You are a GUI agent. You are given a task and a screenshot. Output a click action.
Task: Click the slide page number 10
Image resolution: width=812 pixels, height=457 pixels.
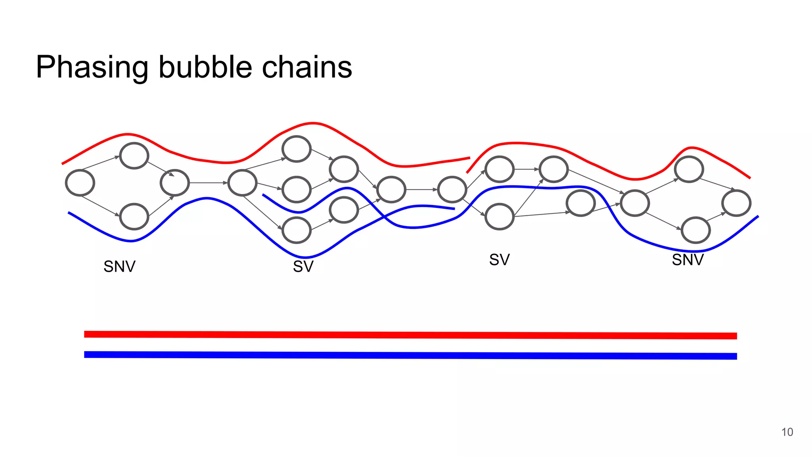point(787,432)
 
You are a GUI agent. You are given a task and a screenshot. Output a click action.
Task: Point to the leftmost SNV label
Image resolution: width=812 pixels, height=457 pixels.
point(119,267)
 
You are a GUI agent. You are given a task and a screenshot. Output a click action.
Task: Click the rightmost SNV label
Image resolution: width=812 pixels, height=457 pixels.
point(688,260)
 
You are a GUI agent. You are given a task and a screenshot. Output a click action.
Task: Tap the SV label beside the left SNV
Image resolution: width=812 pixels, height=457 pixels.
point(303,267)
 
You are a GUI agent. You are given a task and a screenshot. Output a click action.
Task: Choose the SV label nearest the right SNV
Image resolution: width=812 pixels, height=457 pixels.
point(499,260)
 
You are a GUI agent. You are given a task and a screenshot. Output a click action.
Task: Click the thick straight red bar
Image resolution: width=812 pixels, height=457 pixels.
point(410,335)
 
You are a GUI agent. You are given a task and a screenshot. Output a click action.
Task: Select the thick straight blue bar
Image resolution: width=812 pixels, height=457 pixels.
point(410,355)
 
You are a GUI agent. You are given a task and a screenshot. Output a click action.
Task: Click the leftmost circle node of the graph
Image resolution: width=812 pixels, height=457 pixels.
point(80,183)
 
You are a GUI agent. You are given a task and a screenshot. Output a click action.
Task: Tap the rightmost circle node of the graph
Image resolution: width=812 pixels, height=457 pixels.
point(736,203)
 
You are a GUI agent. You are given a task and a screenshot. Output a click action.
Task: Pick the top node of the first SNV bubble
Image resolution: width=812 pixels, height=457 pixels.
point(134,156)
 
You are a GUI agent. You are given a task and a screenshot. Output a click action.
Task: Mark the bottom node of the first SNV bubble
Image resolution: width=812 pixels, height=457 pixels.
point(134,217)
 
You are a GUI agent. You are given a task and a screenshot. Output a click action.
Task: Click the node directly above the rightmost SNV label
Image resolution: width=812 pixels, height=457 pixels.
point(695,230)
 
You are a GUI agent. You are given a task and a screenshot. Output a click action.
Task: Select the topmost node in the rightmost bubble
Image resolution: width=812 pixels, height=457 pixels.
point(689,169)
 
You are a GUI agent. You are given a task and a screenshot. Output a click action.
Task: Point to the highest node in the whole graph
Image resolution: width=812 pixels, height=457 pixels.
point(296,149)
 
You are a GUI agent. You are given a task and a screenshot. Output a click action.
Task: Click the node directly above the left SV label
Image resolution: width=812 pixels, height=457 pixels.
point(296,230)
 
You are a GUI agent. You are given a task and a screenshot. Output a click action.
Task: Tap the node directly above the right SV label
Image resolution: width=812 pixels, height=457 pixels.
point(500,217)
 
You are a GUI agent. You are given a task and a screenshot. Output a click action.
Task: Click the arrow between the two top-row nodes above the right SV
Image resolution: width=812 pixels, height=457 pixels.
point(527,169)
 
